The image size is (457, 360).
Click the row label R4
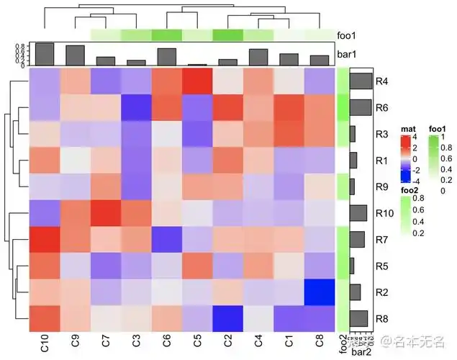click(x=382, y=81)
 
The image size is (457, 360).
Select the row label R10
click(x=384, y=213)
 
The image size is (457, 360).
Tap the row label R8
click(x=382, y=318)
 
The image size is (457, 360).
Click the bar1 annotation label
click(x=349, y=54)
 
